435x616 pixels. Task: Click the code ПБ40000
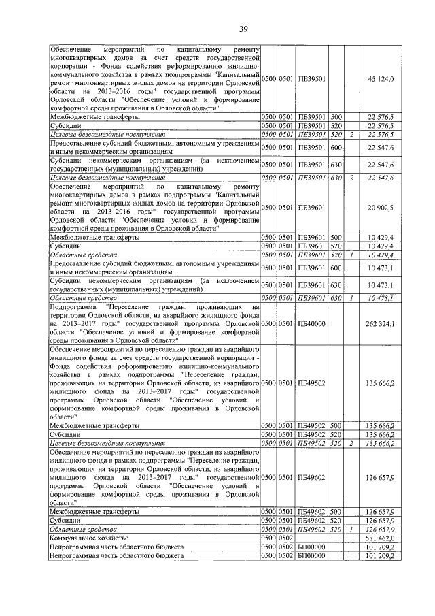312,323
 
